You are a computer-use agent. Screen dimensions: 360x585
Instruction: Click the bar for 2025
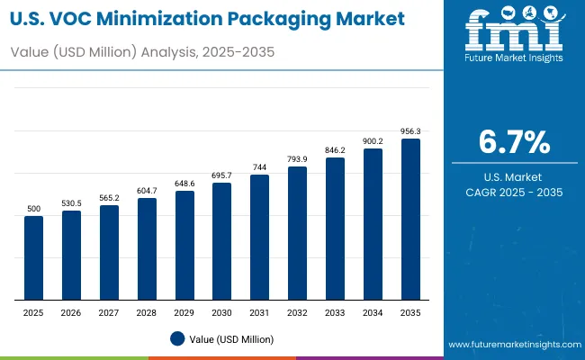pyautogui.click(x=33, y=257)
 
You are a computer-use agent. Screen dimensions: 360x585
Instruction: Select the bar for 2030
pyautogui.click(x=221, y=241)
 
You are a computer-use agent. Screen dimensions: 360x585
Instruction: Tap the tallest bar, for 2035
pyautogui.click(x=410, y=219)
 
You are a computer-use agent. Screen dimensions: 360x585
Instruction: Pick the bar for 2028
pyautogui.click(x=147, y=248)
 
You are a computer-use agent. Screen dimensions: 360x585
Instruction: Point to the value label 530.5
pyautogui.click(x=71, y=202)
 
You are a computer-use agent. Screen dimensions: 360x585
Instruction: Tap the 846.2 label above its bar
pyautogui.click(x=335, y=149)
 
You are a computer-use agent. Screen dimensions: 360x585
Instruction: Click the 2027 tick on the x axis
pyautogui.click(x=109, y=311)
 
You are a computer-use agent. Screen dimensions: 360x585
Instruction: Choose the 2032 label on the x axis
pyautogui.click(x=297, y=311)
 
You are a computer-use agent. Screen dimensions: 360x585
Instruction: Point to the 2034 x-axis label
pyautogui.click(x=373, y=311)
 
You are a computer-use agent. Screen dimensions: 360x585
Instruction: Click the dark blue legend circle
pyautogui.click(x=177, y=338)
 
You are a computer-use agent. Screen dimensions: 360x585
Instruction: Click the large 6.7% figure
pyautogui.click(x=514, y=143)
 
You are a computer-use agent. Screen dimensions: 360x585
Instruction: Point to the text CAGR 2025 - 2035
pyautogui.click(x=514, y=193)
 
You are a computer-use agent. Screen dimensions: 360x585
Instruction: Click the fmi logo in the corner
pyautogui.click(x=514, y=31)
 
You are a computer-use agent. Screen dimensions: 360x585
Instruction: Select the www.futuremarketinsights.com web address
pyautogui.click(x=510, y=345)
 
